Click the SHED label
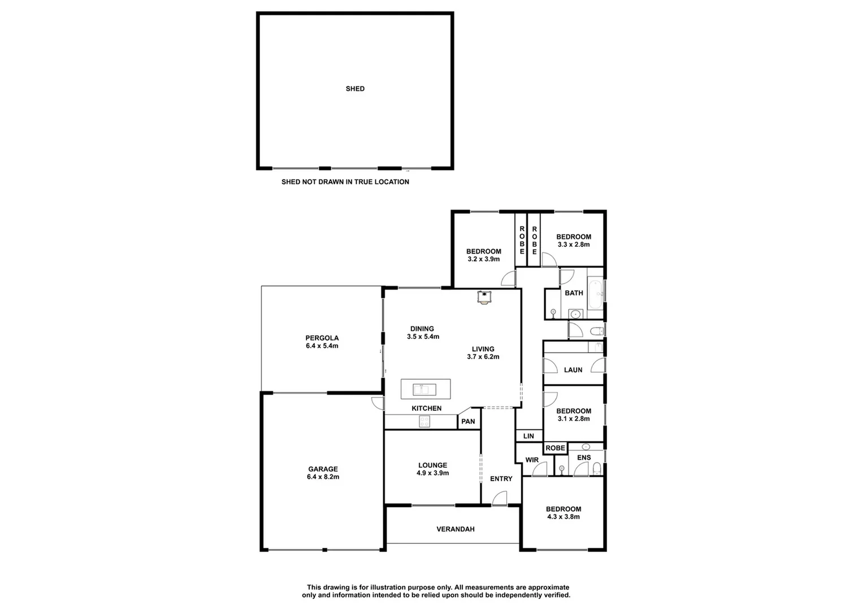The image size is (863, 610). click(355, 89)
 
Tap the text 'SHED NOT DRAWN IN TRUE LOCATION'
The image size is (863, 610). click(345, 182)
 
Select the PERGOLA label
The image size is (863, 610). click(322, 342)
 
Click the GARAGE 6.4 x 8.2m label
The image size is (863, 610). click(323, 473)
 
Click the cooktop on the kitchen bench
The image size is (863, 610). click(424, 421)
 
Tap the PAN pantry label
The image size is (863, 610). click(468, 421)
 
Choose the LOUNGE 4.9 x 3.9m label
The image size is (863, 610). click(432, 469)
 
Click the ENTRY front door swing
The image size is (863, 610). click(498, 498)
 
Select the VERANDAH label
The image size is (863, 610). click(455, 529)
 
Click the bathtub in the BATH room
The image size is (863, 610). click(595, 293)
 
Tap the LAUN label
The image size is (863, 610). click(573, 370)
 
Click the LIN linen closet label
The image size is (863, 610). click(528, 436)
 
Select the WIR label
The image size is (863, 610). click(532, 460)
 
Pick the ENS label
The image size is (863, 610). click(584, 457)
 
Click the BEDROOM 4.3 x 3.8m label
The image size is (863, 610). click(563, 513)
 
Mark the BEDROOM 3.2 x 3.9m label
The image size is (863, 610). click(483, 255)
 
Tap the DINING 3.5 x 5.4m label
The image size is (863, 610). click(422, 332)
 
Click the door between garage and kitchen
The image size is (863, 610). click(375, 402)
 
